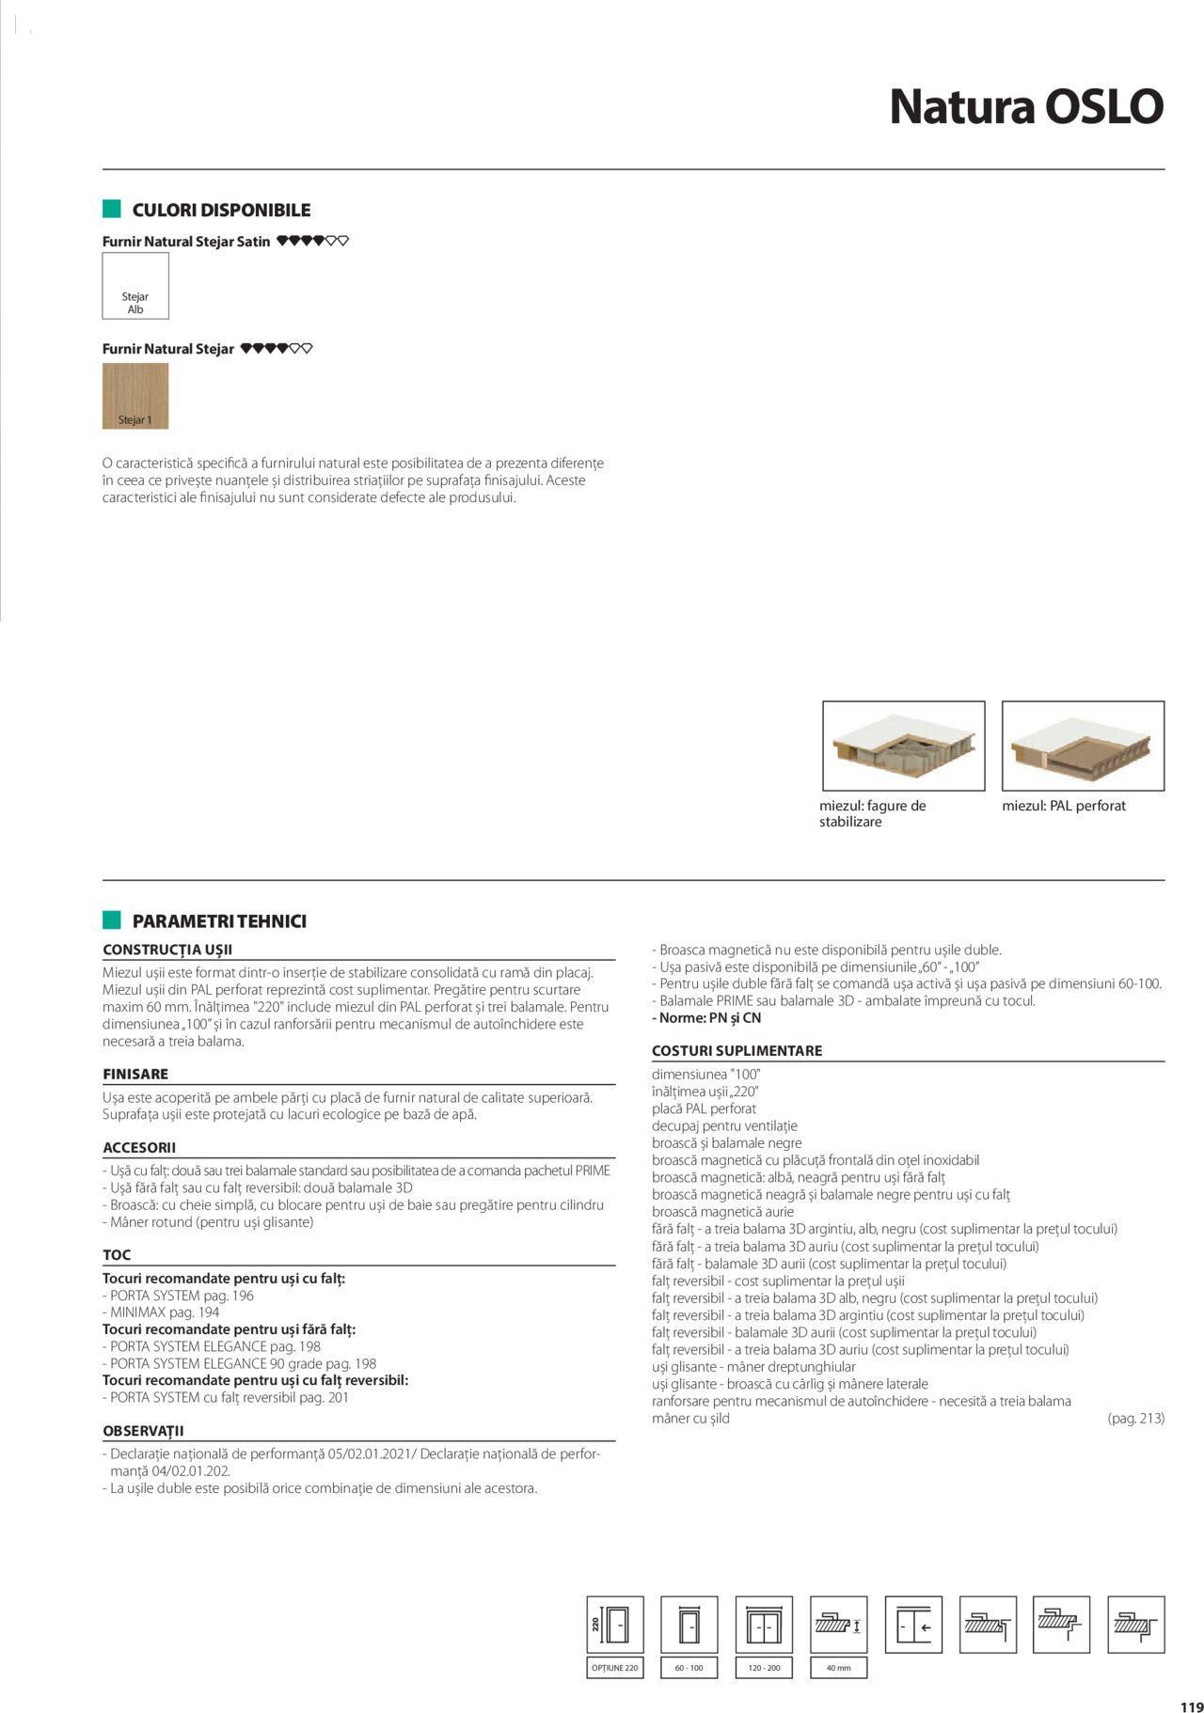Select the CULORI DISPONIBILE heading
221,210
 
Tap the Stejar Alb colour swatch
135,286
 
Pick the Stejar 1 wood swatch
135,396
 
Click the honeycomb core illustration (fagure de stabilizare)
903,746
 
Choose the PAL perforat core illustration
1083,746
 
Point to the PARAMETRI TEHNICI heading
219,921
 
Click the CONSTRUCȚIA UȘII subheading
167,950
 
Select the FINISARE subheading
135,1074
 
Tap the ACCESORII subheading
139,1147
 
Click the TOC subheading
117,1255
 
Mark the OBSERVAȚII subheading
143,1431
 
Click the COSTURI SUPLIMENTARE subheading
737,1051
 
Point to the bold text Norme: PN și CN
706,1018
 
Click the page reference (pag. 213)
1135,1418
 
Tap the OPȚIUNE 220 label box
615,1668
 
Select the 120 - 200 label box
764,1668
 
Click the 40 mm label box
838,1668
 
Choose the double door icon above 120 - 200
764,1624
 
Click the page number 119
1191,1700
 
